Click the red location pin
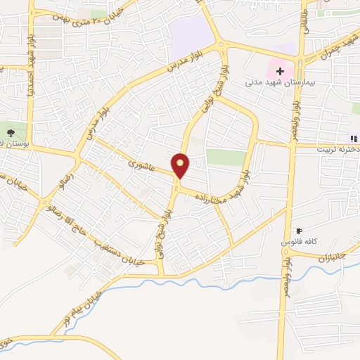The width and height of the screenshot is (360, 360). (x=181, y=165)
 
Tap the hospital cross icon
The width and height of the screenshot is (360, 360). (x=280, y=71)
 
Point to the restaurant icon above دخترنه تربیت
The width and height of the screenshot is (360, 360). (x=354, y=138)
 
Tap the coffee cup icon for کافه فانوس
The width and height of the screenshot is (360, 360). (x=299, y=231)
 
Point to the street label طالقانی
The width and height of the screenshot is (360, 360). (x=304, y=18)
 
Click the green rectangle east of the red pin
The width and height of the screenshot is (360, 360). (x=226, y=156)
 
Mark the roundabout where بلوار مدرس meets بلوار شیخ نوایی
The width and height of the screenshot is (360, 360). (x=222, y=47)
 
